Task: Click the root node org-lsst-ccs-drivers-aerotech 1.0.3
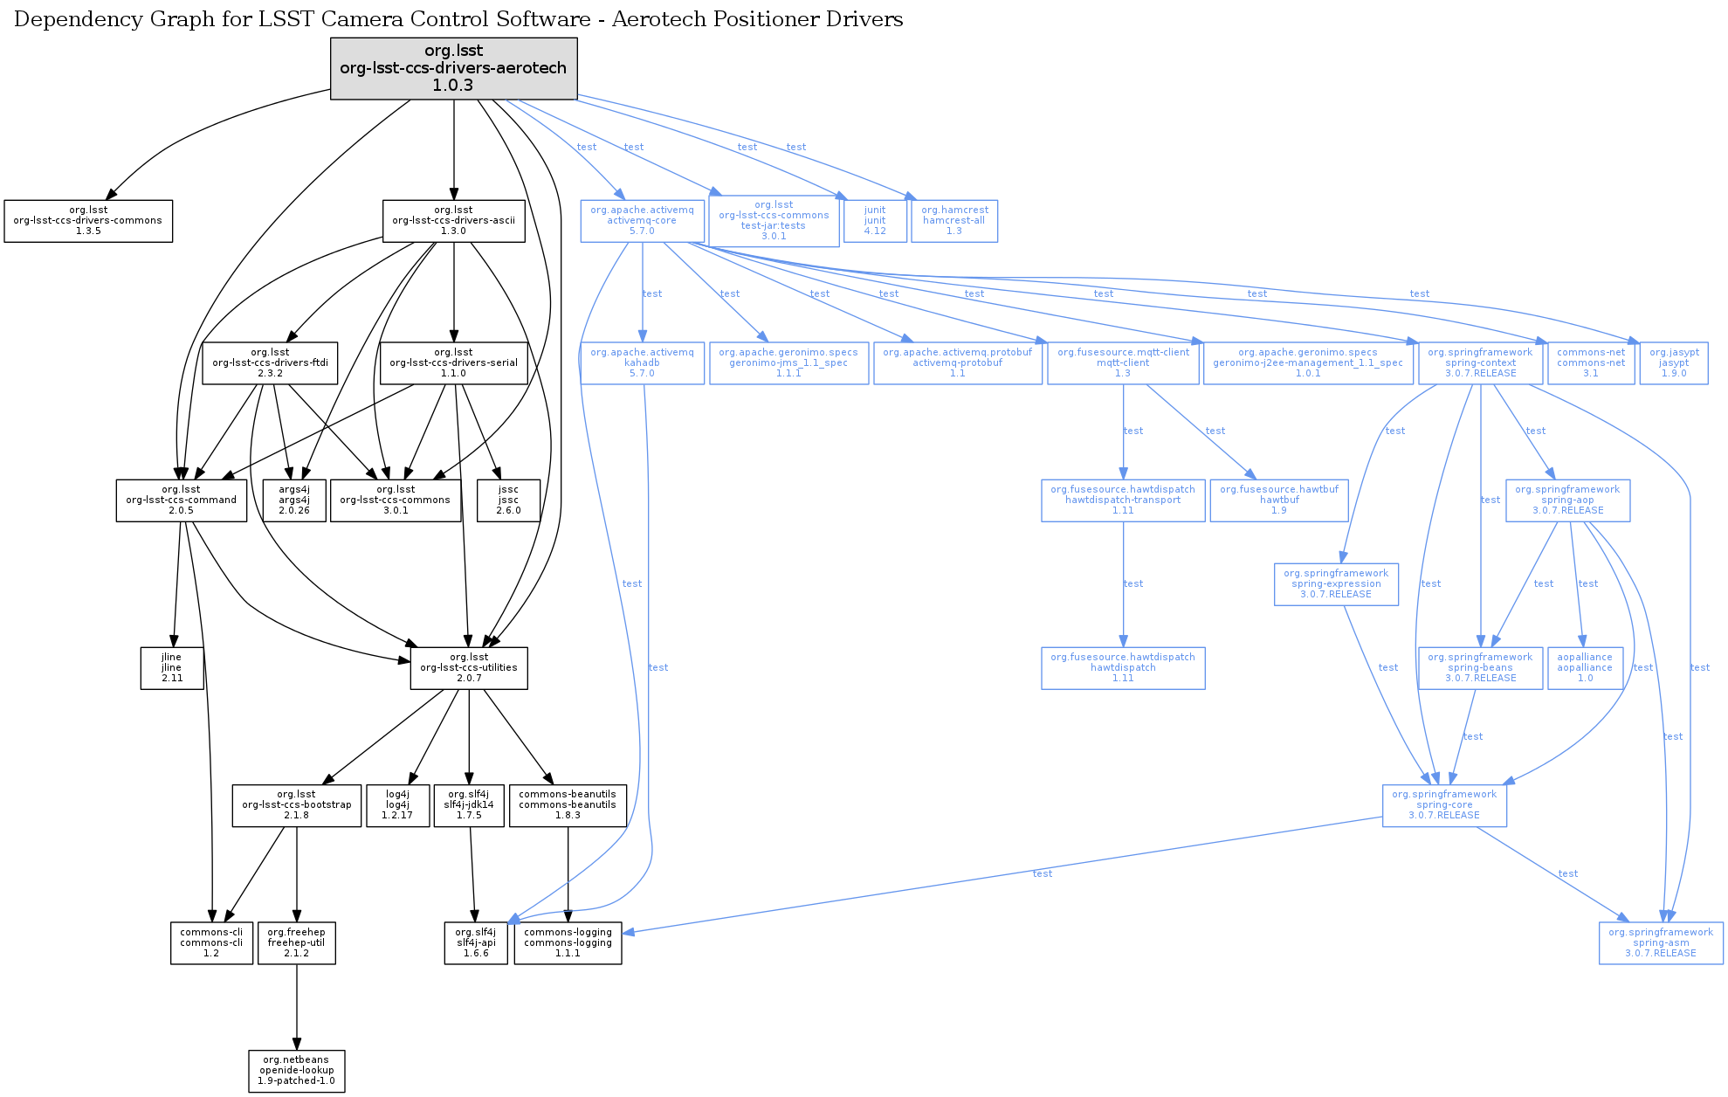pos(453,68)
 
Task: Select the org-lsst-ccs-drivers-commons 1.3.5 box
pos(88,221)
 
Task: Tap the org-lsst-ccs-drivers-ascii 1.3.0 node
pos(454,221)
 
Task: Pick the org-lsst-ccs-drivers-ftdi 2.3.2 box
pos(270,362)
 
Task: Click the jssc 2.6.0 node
pos(508,500)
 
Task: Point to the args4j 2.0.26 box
pos(294,500)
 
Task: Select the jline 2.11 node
pos(172,668)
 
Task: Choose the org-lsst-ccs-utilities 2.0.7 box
pos(469,668)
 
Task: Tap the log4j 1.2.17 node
pos(397,805)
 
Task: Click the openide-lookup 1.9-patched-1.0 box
pos(297,1071)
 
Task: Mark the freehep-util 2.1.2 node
pos(297,943)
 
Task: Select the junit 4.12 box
pos(875,221)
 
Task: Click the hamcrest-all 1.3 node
pos(954,221)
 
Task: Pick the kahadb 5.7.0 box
pos(642,362)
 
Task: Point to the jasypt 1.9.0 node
pos(1674,362)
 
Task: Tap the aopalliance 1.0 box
pos(1585,668)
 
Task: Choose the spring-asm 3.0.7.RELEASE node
pos(1661,943)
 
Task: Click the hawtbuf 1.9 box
pos(1279,500)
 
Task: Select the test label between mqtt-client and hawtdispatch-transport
pos(1133,431)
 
